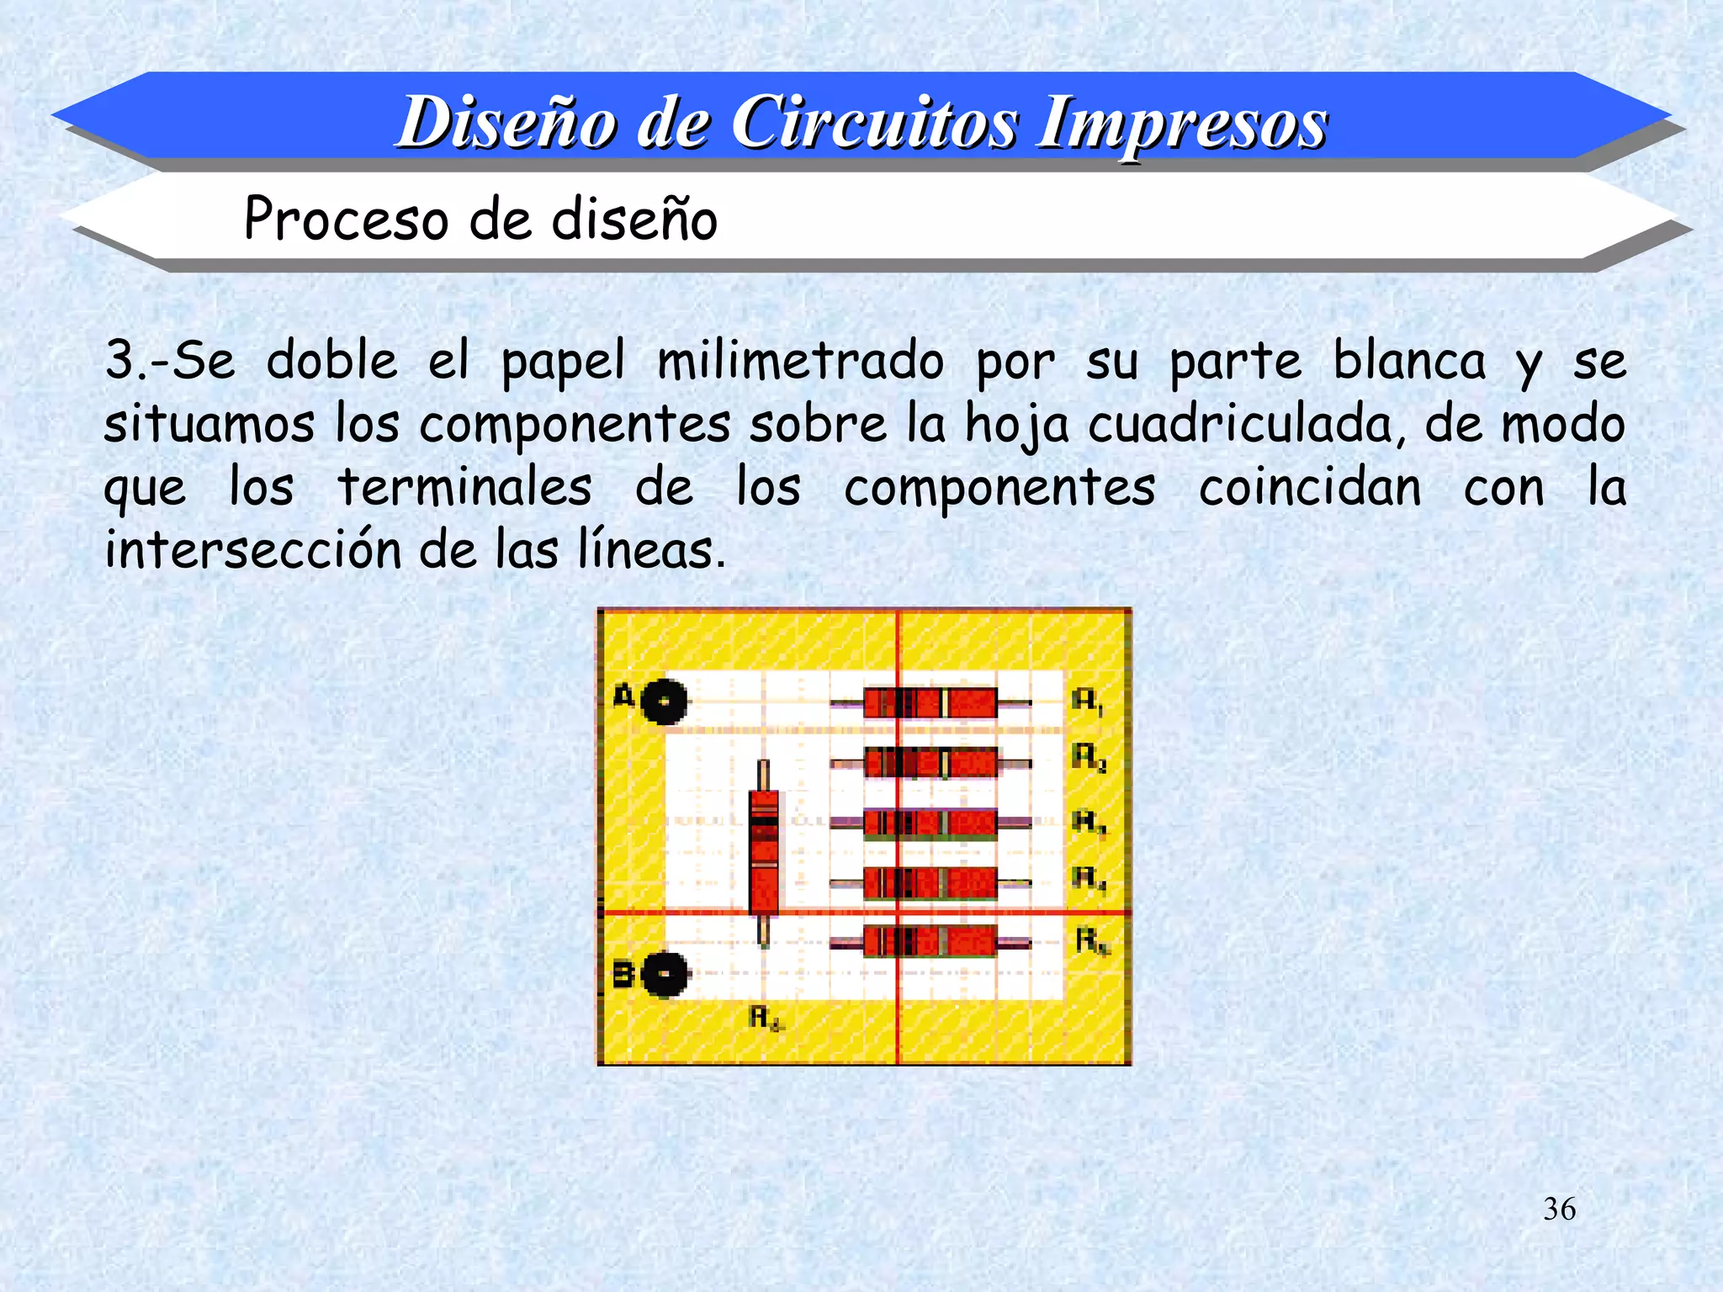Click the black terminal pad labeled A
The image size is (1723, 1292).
click(664, 701)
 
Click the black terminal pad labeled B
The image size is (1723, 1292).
click(664, 974)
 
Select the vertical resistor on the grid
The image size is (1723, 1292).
click(763, 851)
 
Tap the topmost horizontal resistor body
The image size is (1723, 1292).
click(930, 702)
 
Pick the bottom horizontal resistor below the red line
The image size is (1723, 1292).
click(930, 942)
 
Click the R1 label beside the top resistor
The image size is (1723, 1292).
click(1087, 701)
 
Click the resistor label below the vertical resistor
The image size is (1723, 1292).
click(766, 1019)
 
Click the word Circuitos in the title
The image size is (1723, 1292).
click(875, 123)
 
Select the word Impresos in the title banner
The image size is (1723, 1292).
click(1182, 123)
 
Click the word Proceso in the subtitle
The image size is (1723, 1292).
click(346, 220)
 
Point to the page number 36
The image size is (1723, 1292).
click(1559, 1210)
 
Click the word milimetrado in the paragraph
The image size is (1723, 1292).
click(800, 363)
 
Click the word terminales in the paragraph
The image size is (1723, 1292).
click(465, 488)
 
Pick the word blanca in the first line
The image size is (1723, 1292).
click(1410, 363)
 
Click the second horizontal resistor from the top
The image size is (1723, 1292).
click(930, 763)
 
